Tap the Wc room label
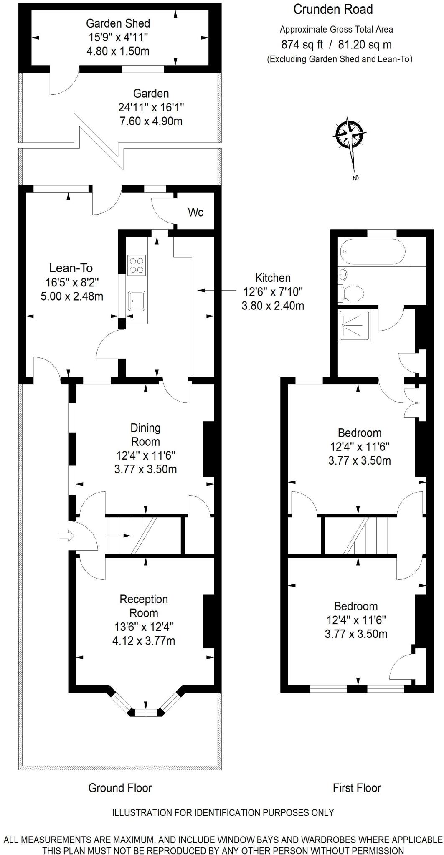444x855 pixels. pos(195,212)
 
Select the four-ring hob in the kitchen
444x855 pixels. pos(137,265)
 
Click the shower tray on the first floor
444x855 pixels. pos(354,326)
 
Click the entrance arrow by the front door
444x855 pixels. pos(66,536)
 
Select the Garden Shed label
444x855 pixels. pos(118,23)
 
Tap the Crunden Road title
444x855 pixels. pos(333,10)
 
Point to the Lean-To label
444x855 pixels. pos(71,268)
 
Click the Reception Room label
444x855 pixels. pos(144,606)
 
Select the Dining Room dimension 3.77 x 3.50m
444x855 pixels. pos(145,469)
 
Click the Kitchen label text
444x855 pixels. pos(273,278)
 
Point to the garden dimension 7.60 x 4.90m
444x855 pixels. pos(151,121)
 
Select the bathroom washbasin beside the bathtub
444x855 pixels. pos(343,274)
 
